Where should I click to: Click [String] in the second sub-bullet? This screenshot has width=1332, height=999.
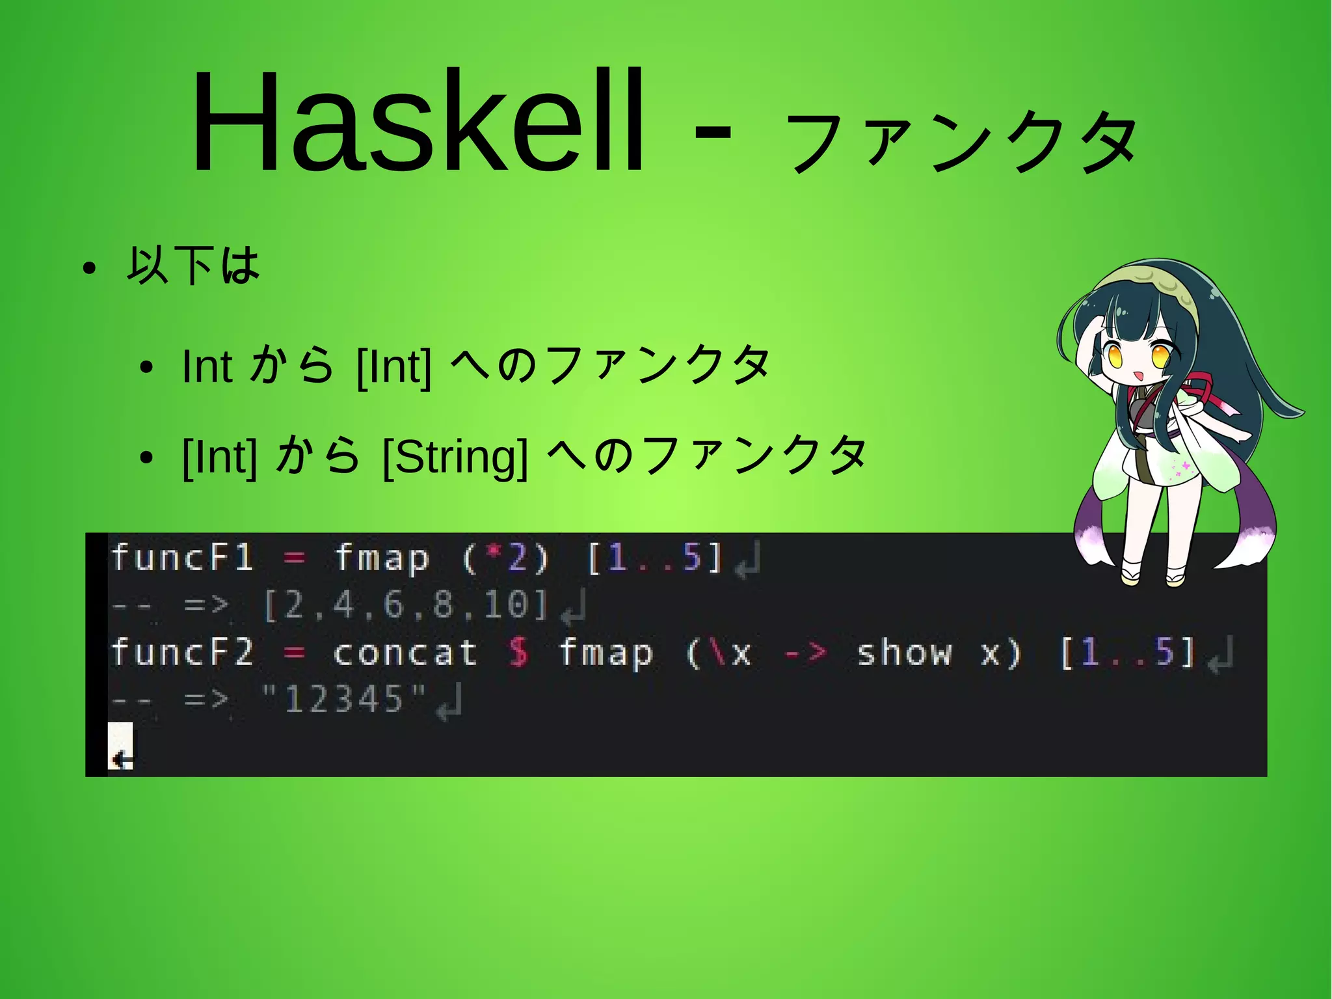455,456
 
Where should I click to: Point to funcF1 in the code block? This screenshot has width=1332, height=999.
182,558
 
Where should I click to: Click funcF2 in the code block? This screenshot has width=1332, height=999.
182,652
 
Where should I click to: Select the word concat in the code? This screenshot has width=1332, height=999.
405,652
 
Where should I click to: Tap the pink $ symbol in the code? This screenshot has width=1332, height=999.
518,652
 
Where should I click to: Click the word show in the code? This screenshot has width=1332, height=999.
904,652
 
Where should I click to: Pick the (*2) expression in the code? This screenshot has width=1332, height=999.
506,558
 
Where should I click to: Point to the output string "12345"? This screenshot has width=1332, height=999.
343,700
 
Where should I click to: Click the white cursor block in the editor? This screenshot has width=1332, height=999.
120,746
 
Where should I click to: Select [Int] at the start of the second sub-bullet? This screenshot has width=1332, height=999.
220,456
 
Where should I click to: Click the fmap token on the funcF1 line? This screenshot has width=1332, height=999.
382,558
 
